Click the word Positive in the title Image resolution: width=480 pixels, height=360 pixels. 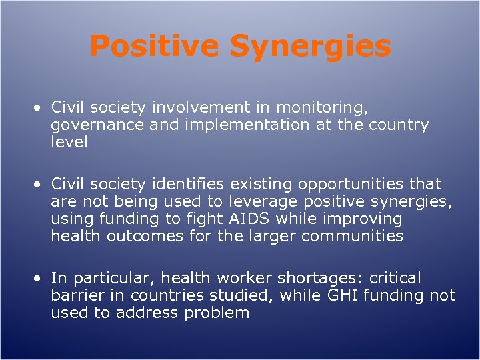(154, 47)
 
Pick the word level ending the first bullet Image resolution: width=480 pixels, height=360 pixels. (69, 143)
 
